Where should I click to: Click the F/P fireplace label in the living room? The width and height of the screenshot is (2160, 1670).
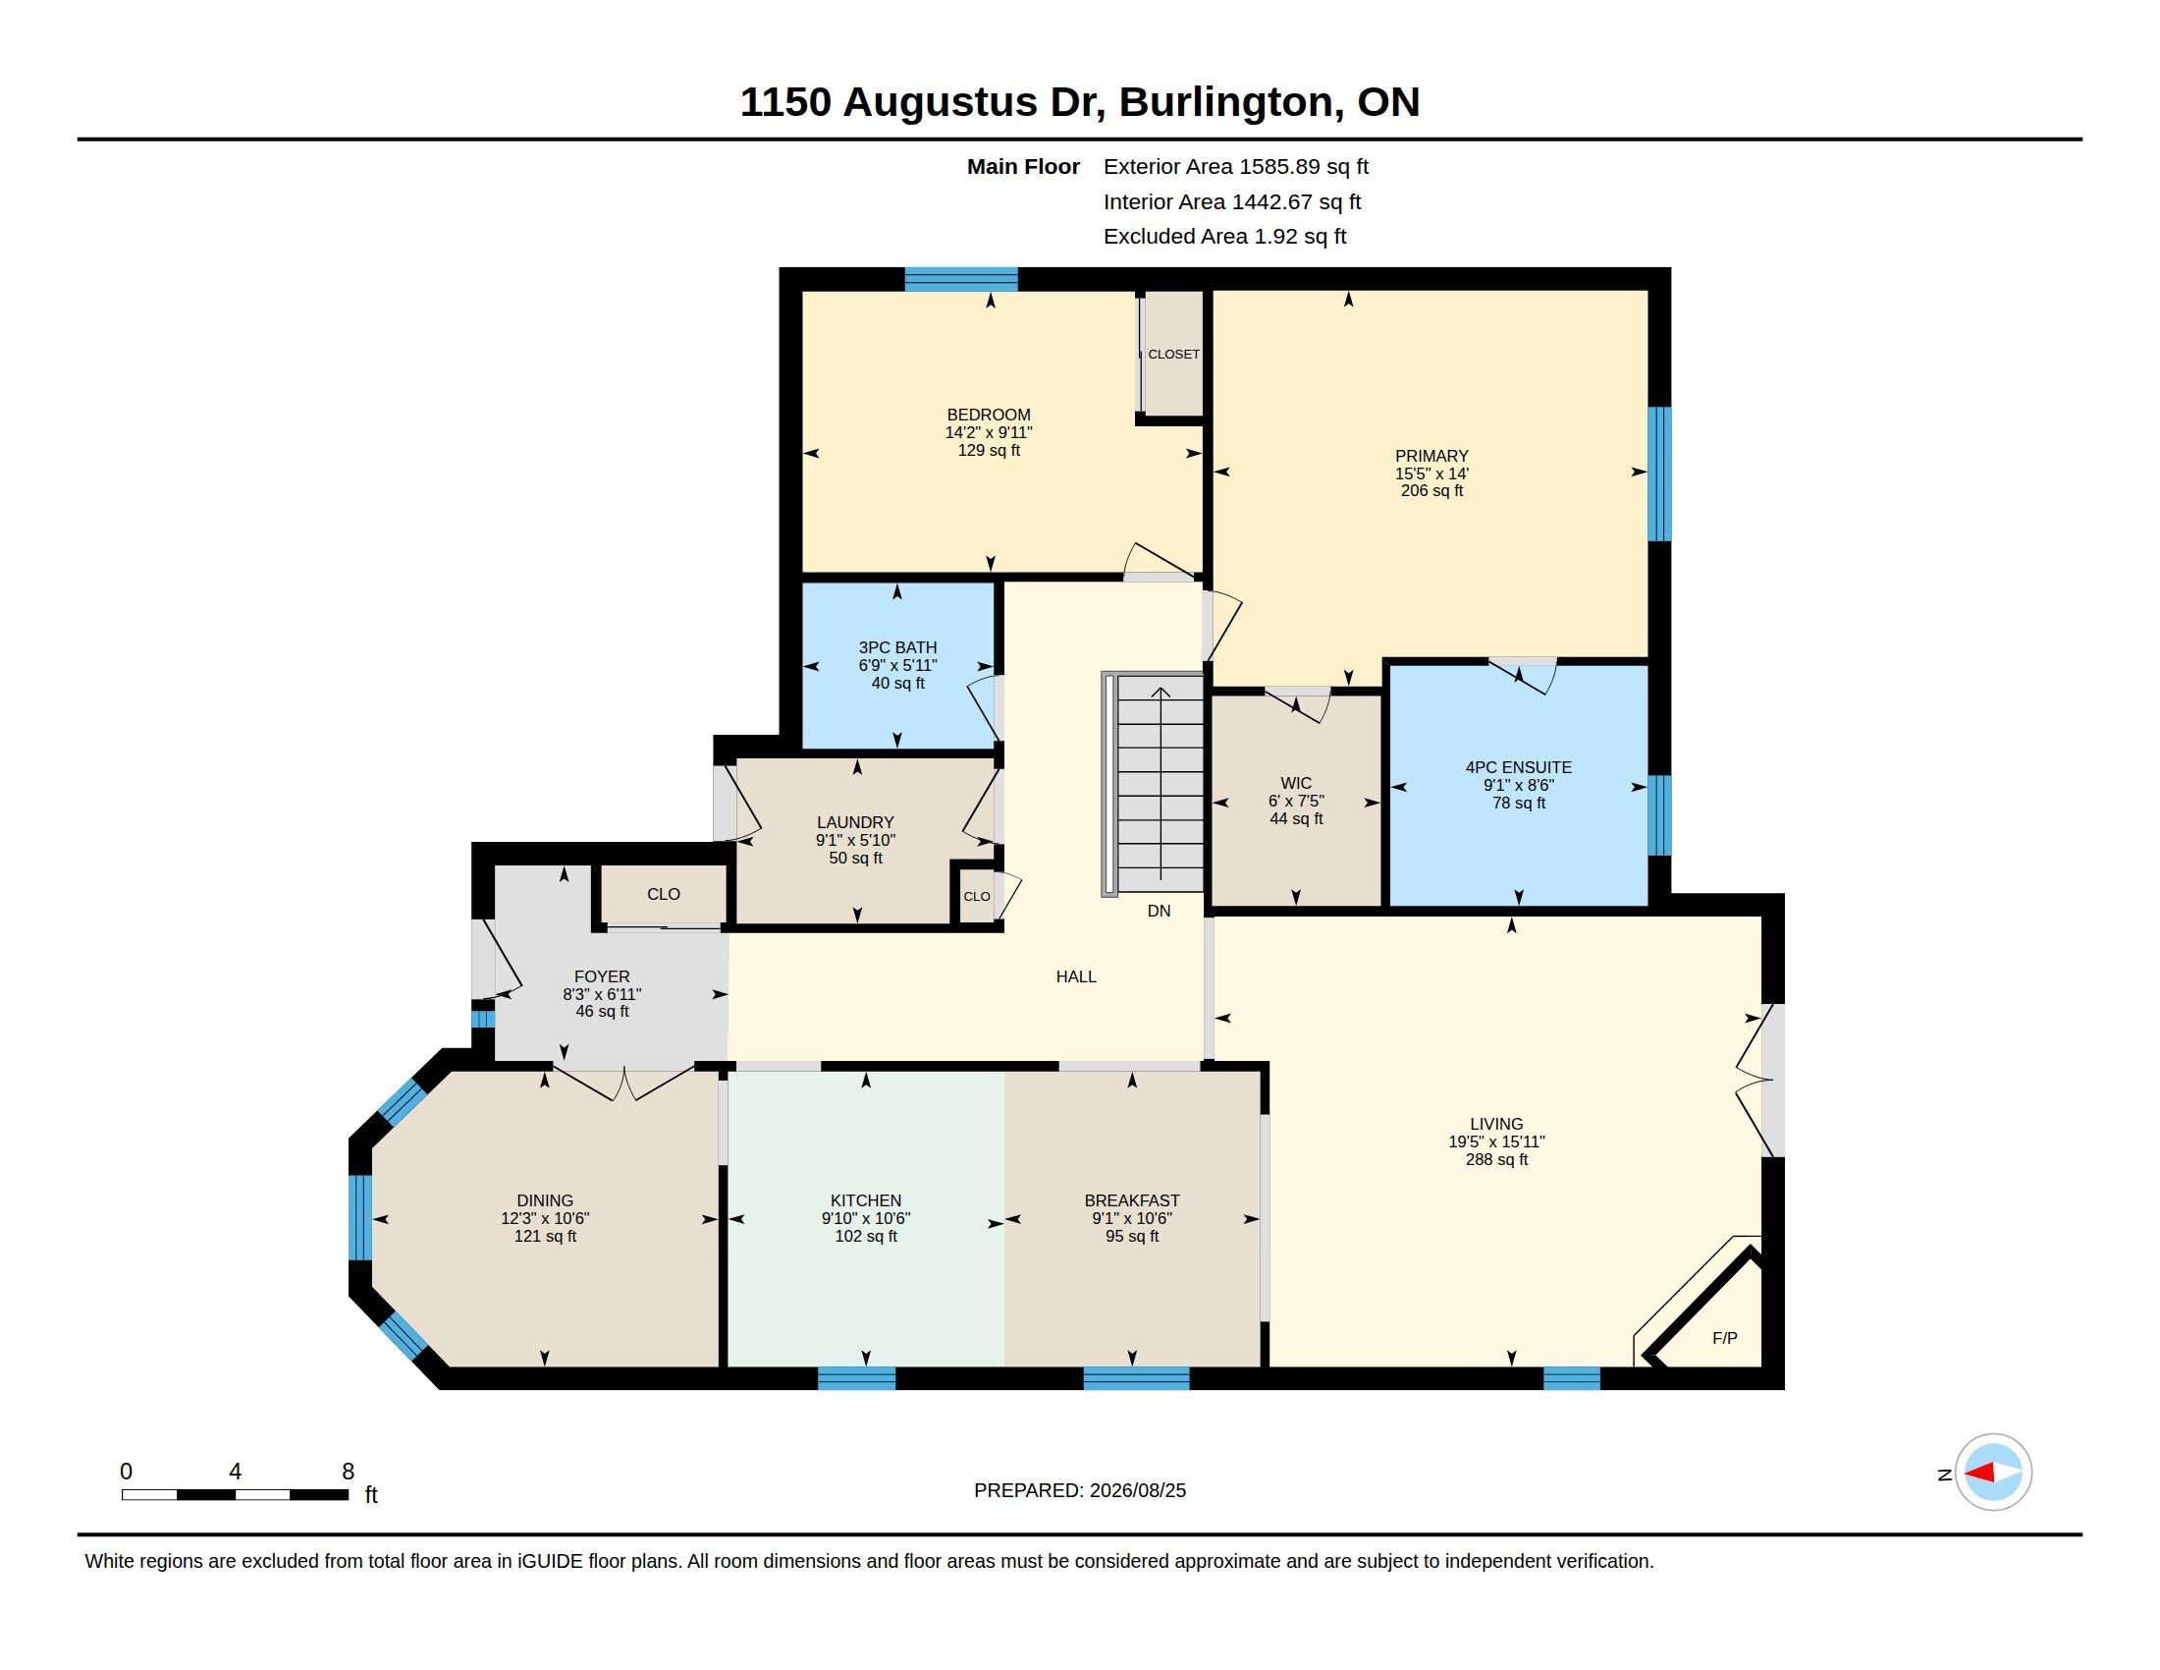(1724, 1338)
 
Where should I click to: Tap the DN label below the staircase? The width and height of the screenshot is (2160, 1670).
(1160, 911)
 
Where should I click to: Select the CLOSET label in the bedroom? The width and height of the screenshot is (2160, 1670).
(1173, 355)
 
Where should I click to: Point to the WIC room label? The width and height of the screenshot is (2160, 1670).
(1296, 783)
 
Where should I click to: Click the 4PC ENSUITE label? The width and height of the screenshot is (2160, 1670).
(1518, 767)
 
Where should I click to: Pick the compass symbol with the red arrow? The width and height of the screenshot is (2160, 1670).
(1993, 1473)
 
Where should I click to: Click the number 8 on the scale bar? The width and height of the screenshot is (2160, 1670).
(349, 1472)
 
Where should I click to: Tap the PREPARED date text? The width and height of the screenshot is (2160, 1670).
(1080, 1490)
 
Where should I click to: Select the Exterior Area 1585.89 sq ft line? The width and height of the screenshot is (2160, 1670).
(1236, 166)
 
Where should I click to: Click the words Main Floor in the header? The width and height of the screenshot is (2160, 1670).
(1023, 166)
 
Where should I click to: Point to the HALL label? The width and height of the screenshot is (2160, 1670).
(1076, 976)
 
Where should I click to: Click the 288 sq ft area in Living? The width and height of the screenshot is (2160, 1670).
(1496, 1159)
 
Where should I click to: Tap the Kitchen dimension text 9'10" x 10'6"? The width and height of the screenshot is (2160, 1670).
(865, 1219)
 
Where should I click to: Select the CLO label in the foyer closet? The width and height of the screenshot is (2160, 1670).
(664, 894)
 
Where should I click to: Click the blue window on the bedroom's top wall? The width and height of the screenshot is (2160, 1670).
(961, 279)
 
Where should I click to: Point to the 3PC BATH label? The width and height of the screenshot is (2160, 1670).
(897, 648)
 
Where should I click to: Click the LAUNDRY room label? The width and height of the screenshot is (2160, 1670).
(855, 822)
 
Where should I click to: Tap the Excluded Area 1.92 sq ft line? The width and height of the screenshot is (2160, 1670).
(1224, 237)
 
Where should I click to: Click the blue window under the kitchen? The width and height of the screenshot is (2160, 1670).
(856, 1378)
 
